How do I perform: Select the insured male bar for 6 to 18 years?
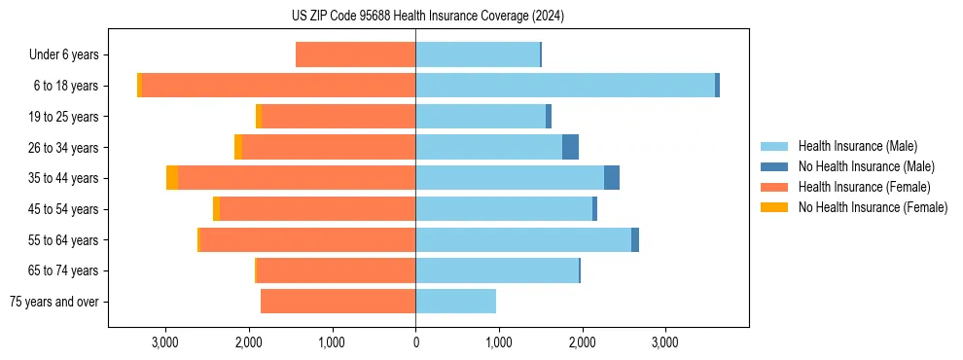[x=565, y=86]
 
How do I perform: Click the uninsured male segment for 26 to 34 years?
[x=570, y=147]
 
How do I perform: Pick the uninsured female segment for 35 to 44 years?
[x=172, y=178]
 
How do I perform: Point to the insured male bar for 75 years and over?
[x=455, y=302]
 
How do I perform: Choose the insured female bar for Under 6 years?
[x=355, y=54]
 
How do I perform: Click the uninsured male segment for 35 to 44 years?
[x=612, y=178]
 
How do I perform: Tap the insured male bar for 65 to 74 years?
[x=497, y=270]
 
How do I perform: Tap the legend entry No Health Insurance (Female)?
[x=873, y=207]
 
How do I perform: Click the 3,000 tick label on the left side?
[x=165, y=343]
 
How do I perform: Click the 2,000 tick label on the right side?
[x=582, y=343]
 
